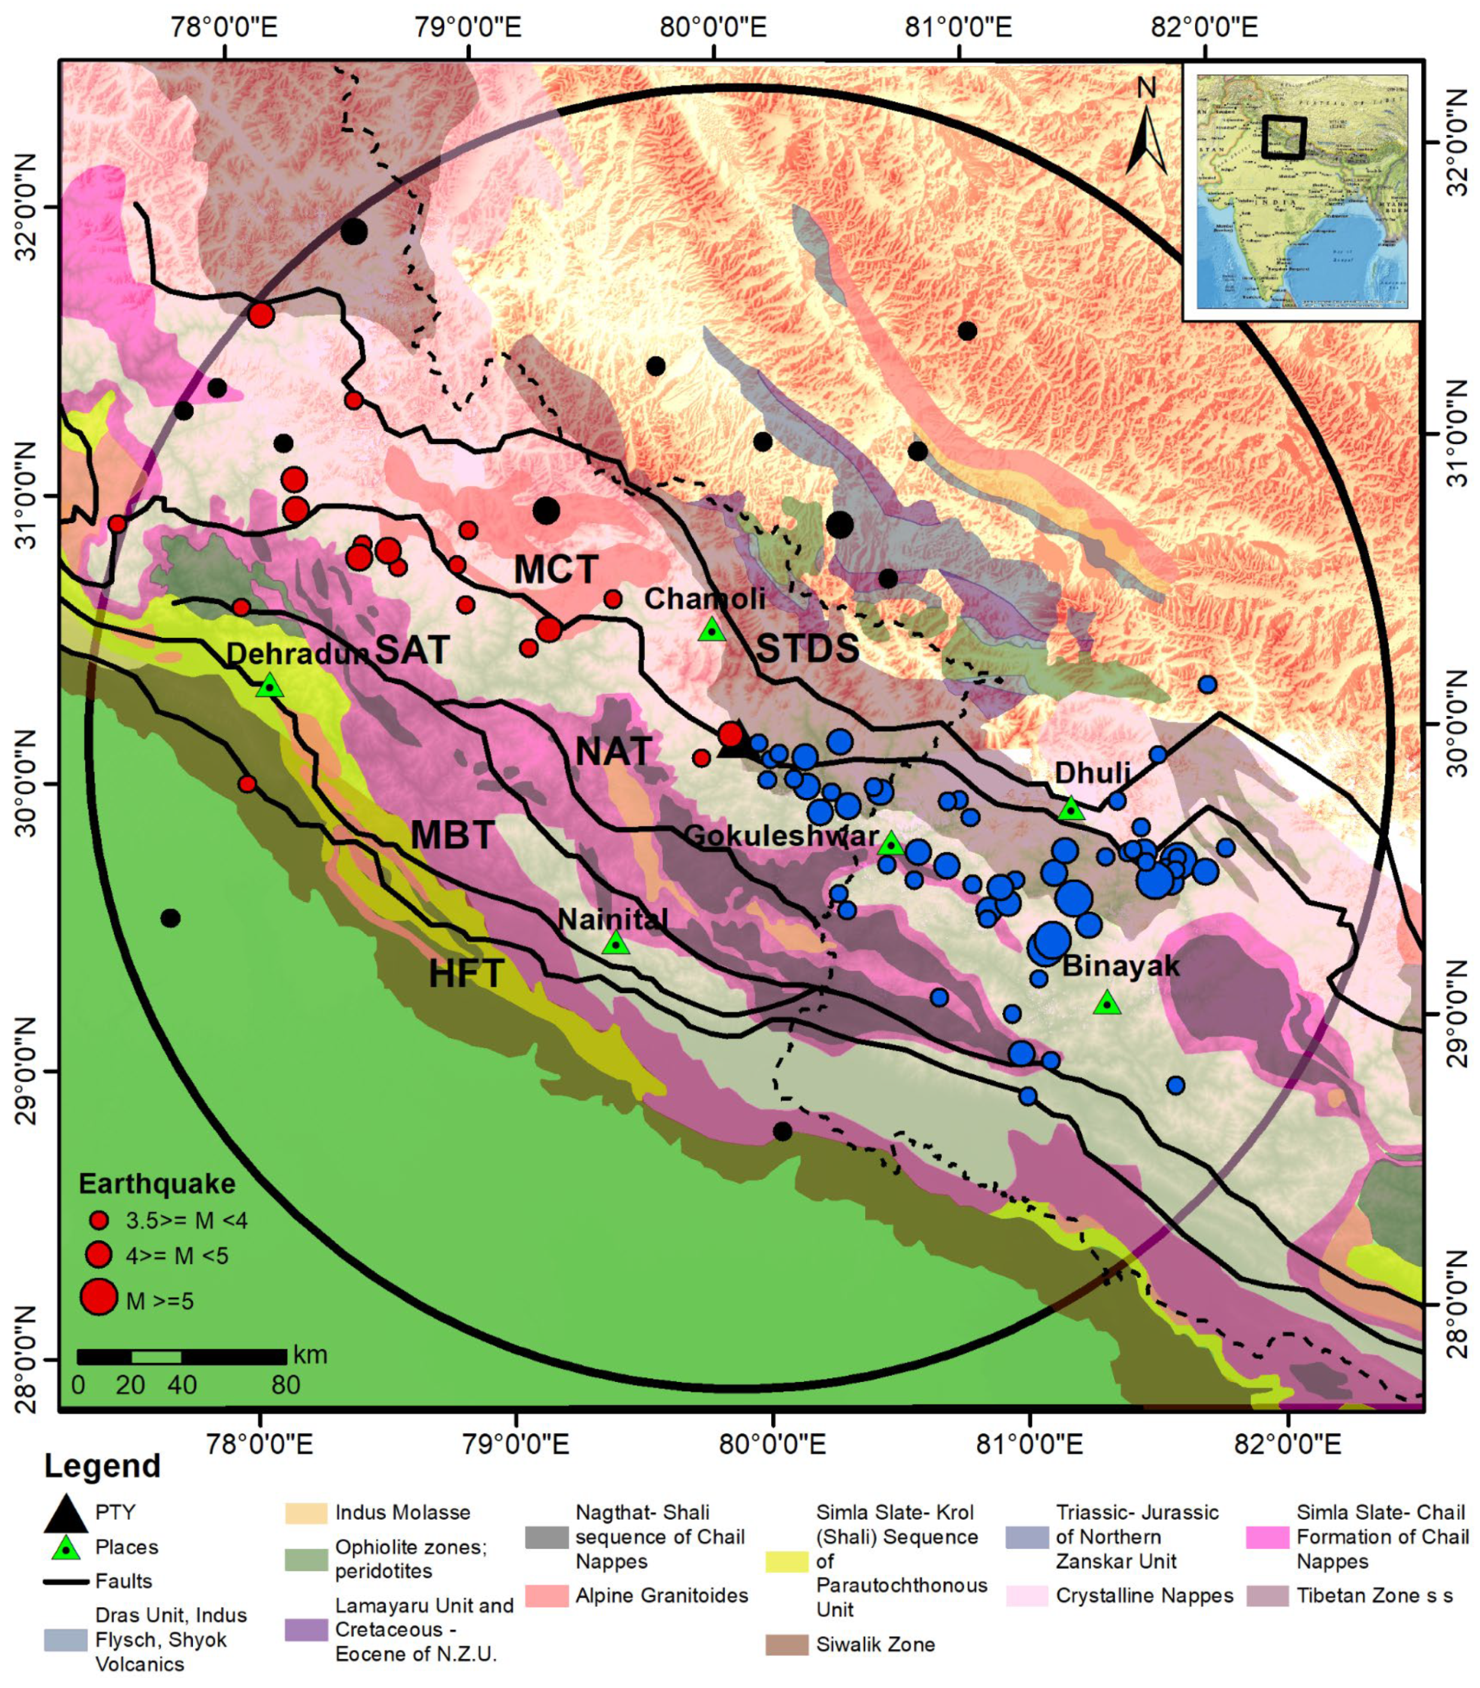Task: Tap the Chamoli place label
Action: click(705, 599)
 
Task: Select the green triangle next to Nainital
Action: click(616, 943)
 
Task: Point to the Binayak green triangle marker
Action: click(1108, 1003)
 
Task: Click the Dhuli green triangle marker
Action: click(1071, 809)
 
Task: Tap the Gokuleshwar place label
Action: click(781, 836)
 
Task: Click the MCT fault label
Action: click(556, 570)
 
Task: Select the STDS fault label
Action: click(808, 649)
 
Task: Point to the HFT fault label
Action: click(466, 975)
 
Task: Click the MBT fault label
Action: click(453, 836)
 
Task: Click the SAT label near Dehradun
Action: click(413, 651)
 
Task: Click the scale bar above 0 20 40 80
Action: click(181, 1356)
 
